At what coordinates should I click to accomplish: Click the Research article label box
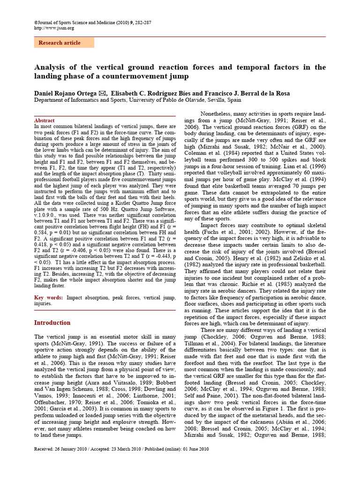[x=64, y=43]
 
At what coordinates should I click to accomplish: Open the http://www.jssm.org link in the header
[x=54, y=28]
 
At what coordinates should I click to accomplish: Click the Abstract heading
[x=45, y=120]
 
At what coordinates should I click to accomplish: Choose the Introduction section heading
[x=52, y=322]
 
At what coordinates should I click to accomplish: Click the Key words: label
[x=49, y=298]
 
